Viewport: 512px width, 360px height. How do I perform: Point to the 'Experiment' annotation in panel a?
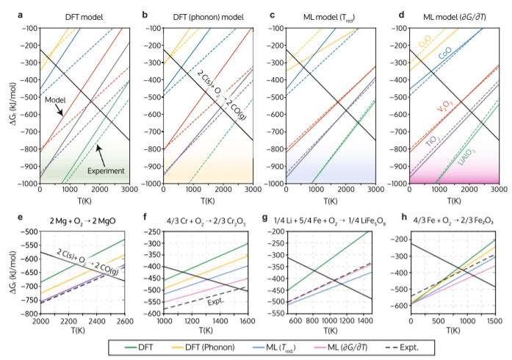point(106,170)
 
